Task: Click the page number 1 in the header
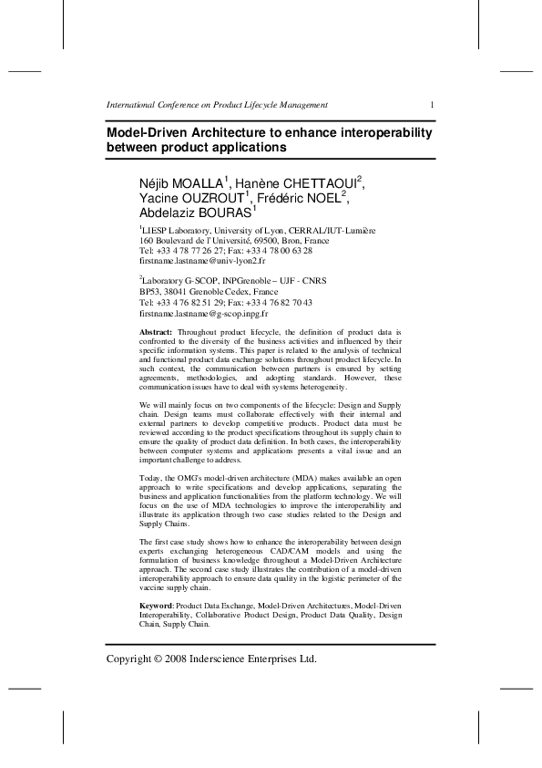pos(432,105)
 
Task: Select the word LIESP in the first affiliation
pos(156,230)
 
